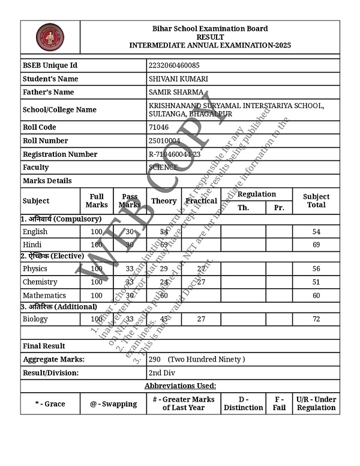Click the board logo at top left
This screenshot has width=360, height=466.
click(x=50, y=37)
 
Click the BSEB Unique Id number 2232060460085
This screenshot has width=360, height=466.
click(x=174, y=65)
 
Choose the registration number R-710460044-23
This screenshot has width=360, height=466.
click(x=175, y=154)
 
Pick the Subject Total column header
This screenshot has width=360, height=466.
click(x=316, y=201)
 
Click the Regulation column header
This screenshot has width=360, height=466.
click(x=257, y=194)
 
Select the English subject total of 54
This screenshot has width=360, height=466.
click(x=316, y=232)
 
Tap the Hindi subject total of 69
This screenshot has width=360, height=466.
click(x=316, y=245)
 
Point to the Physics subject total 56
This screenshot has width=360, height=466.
click(x=316, y=269)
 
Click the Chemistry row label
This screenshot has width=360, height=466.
click(x=40, y=282)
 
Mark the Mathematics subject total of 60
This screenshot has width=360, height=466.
click(x=316, y=295)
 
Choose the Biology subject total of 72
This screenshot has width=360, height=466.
click(x=316, y=319)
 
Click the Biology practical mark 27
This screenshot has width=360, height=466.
click(x=202, y=319)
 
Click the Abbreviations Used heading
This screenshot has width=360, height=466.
click(x=180, y=386)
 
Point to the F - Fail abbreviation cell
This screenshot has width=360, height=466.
click(x=280, y=404)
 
